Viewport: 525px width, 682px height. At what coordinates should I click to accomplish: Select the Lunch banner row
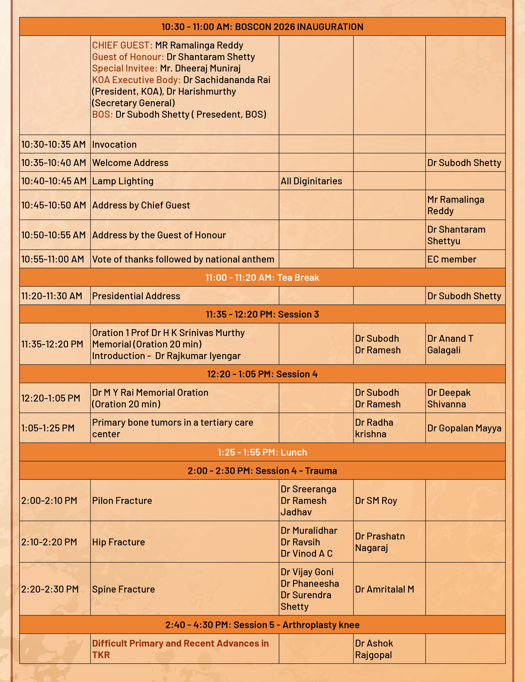click(262, 452)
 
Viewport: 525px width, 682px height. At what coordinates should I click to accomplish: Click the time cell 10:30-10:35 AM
click(53, 144)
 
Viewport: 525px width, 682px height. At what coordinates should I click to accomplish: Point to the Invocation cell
click(114, 144)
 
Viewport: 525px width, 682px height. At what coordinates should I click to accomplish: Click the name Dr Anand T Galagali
click(450, 344)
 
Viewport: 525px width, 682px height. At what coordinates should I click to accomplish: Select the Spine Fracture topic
click(123, 589)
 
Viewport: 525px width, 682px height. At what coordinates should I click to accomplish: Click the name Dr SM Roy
click(376, 501)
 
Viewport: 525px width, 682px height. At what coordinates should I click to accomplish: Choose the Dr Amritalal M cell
click(384, 589)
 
